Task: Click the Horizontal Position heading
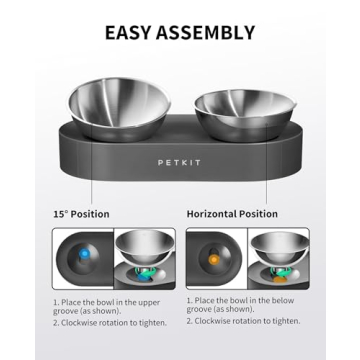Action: pyautogui.click(x=233, y=214)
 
